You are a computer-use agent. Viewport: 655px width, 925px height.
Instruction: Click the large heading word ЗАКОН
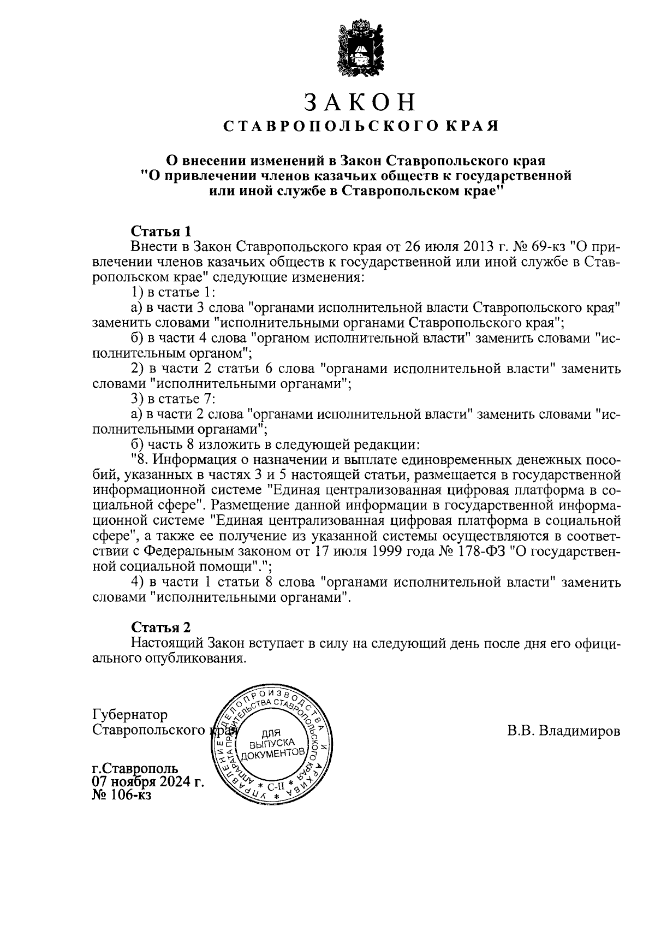[360, 102]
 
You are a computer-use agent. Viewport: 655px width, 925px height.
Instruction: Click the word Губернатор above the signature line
[130, 715]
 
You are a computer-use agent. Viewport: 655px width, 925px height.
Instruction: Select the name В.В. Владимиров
[563, 731]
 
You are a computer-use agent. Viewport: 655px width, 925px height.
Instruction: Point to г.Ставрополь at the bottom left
[135, 768]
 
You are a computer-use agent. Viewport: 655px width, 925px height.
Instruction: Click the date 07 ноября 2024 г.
[148, 782]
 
